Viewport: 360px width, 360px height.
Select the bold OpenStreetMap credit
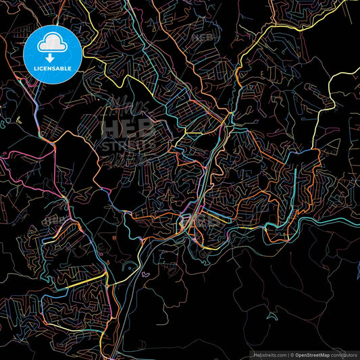point(312,355)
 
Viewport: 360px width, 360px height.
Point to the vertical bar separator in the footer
point(288,355)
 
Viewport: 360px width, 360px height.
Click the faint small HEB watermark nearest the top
point(203,37)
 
